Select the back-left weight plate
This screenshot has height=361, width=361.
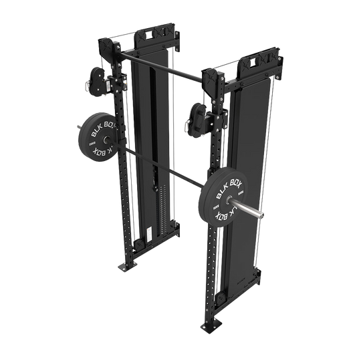96,137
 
